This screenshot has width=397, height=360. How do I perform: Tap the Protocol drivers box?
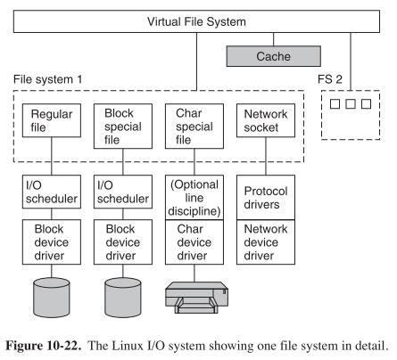coord(263,197)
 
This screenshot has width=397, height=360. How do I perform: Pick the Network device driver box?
coord(263,242)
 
